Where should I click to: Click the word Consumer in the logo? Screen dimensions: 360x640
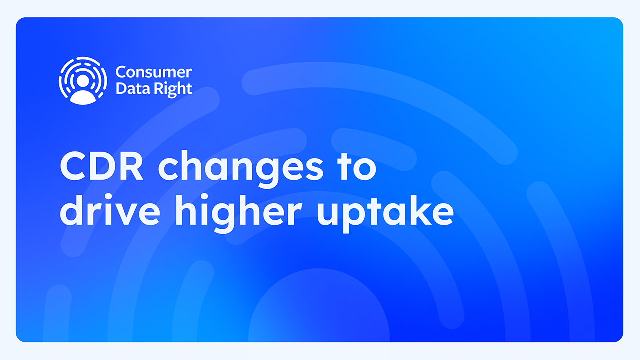tap(153, 73)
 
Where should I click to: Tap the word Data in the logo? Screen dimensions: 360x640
tap(128, 89)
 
